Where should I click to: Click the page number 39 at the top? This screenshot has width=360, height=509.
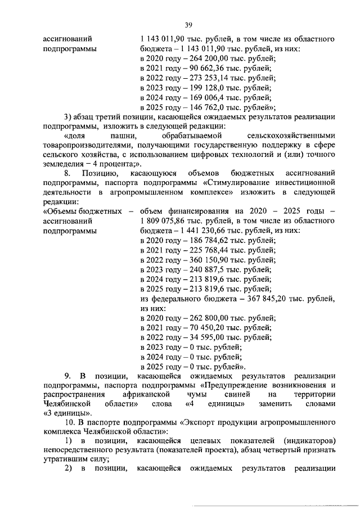point(188,24)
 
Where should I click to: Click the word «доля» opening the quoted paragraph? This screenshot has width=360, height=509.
point(76,136)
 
